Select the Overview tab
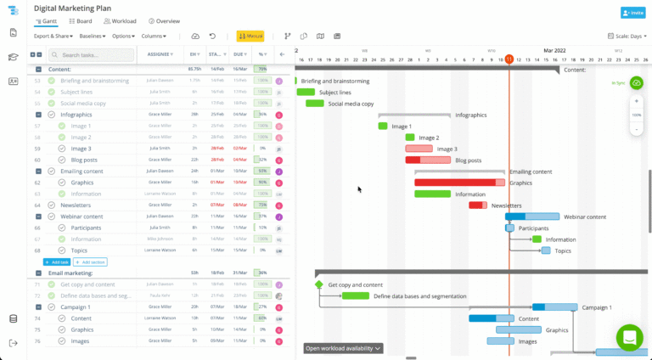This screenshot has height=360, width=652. pyautogui.click(x=164, y=20)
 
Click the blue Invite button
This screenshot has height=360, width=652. pyautogui.click(x=632, y=13)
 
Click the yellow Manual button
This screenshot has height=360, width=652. pyautogui.click(x=250, y=37)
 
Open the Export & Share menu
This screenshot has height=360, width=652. pyautogui.click(x=53, y=37)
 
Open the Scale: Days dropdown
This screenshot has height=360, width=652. pyautogui.click(x=627, y=37)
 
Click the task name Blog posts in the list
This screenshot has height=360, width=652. pyautogui.click(x=85, y=160)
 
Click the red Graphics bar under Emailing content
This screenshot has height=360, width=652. pyautogui.click(x=459, y=183)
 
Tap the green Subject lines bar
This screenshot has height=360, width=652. pyautogui.click(x=306, y=92)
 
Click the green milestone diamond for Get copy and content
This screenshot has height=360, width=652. pyautogui.click(x=319, y=284)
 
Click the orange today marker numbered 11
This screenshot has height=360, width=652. pyautogui.click(x=509, y=59)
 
